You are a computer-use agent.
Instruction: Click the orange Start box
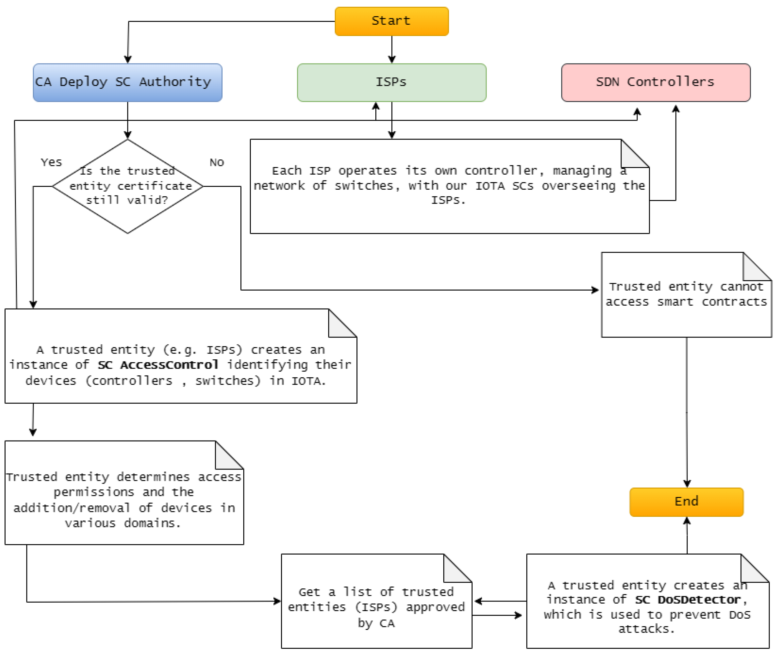391,21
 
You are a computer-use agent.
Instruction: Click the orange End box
686,502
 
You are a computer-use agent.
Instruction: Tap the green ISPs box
391,82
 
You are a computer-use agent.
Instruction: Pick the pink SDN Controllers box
655,82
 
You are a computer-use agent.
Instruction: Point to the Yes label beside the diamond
51,162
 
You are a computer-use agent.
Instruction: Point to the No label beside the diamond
217,162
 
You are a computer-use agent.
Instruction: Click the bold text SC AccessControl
158,365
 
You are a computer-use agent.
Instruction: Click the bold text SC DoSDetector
688,599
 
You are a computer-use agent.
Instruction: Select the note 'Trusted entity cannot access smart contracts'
686,295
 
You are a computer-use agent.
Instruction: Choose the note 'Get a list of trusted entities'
376,607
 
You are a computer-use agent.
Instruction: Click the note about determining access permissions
124,500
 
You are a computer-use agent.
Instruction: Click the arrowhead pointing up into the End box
687,521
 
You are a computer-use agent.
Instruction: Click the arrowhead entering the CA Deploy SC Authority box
128,60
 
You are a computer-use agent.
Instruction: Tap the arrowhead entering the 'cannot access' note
595,290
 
